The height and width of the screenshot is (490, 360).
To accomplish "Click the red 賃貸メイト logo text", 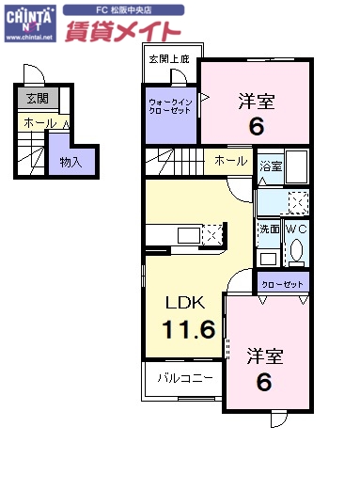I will tap(122, 31).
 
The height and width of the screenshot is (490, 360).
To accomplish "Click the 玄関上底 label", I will tap(168, 59).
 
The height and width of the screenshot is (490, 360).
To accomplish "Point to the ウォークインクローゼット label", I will tap(168, 106).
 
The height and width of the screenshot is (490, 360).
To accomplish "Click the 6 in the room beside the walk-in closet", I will tap(255, 125).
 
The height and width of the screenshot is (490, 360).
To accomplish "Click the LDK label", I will tap(185, 303).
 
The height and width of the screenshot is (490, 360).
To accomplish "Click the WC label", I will tap(296, 229).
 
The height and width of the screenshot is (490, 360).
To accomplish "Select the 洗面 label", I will tap(269, 229).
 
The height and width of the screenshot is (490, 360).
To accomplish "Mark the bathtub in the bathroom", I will tap(299, 169).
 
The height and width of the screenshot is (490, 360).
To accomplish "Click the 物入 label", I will tap(70, 162).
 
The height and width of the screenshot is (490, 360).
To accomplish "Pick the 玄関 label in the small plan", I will tap(37, 98).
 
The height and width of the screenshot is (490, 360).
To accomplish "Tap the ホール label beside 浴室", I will tap(231, 161).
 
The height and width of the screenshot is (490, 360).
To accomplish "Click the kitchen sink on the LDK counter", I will tap(182, 233).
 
